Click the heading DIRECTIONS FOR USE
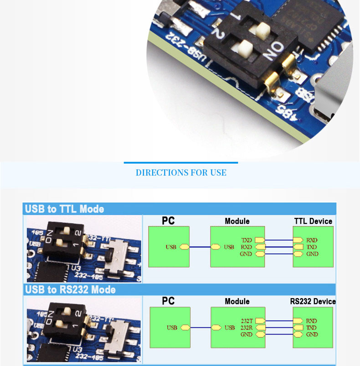coord(181,173)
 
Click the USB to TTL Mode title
coord(64,209)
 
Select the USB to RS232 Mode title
coord(70,290)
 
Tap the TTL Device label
coord(313,221)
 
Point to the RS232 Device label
coord(313,301)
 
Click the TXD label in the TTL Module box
coord(246,240)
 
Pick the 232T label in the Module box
coord(247,321)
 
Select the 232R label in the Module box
coord(247,328)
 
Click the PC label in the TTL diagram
coord(168,221)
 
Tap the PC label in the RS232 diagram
coord(168,301)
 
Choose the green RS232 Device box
coord(313,327)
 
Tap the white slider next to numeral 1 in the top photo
coord(262,30)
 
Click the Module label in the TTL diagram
coord(237,221)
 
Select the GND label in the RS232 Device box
coord(312,335)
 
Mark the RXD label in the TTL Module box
coord(246,247)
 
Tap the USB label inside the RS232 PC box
coord(172,328)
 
